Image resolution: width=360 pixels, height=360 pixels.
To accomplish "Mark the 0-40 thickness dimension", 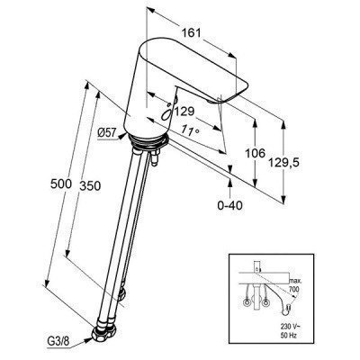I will tap(233, 206).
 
